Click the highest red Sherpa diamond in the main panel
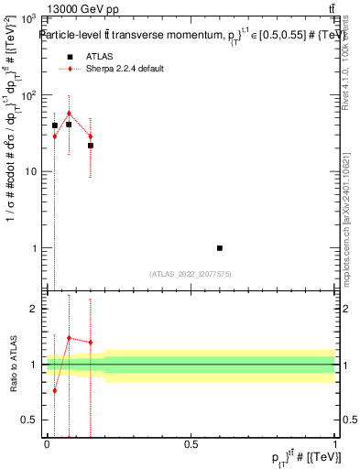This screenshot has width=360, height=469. [x=69, y=114]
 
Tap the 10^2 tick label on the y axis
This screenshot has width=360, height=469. [x=27, y=95]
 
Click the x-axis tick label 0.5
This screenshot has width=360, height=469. [x=191, y=443]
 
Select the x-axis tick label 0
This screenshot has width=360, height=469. [x=47, y=443]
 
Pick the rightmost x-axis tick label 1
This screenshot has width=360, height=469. [x=334, y=443]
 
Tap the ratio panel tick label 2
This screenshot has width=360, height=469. [x=34, y=310]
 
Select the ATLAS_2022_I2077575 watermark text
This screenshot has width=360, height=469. [x=191, y=273]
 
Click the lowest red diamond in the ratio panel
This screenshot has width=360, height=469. [x=54, y=390]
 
